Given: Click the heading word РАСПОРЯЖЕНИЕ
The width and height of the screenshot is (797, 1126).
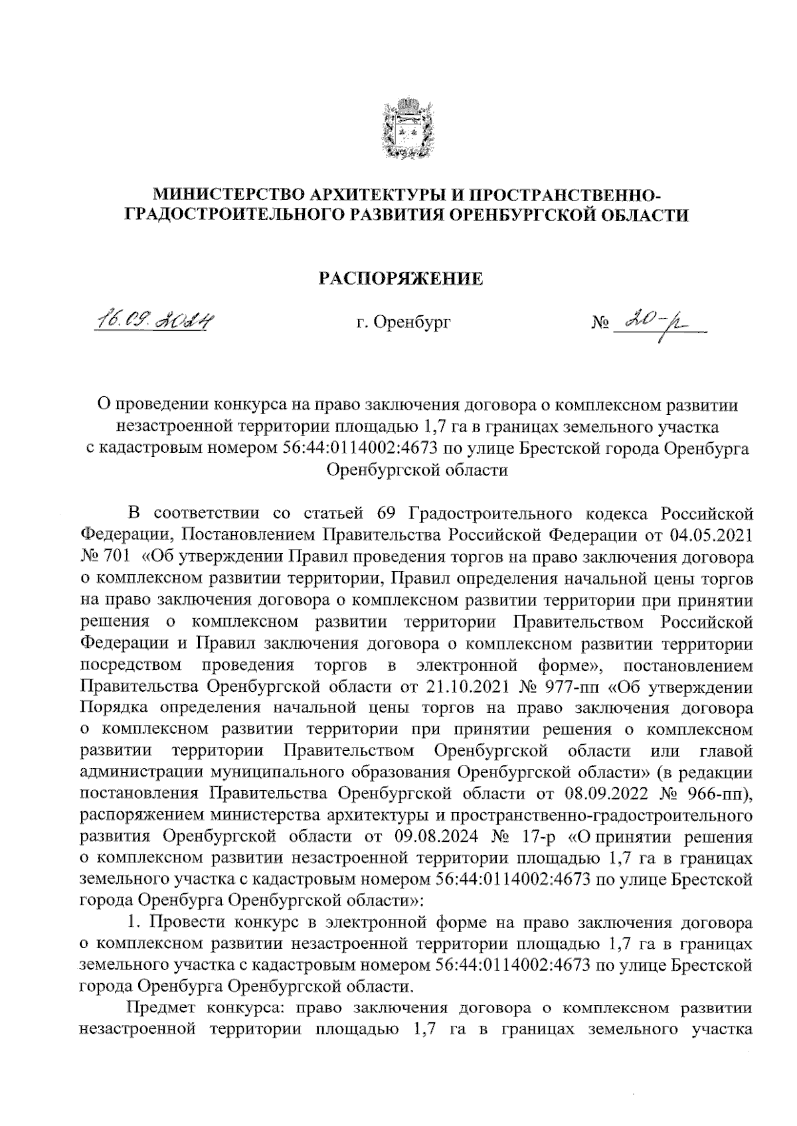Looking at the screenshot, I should pos(398,278).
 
